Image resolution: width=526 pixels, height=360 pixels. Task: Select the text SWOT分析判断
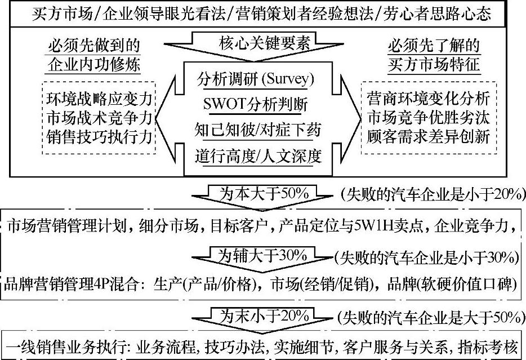click(x=256, y=105)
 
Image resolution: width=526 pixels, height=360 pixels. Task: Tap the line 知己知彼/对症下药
click(x=256, y=131)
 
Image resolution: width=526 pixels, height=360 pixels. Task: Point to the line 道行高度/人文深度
click(x=256, y=156)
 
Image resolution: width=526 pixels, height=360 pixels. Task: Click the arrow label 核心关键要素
click(x=256, y=43)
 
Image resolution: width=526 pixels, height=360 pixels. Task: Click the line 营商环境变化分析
click(x=428, y=100)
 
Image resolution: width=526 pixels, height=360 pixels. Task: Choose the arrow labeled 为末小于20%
click(x=264, y=315)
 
